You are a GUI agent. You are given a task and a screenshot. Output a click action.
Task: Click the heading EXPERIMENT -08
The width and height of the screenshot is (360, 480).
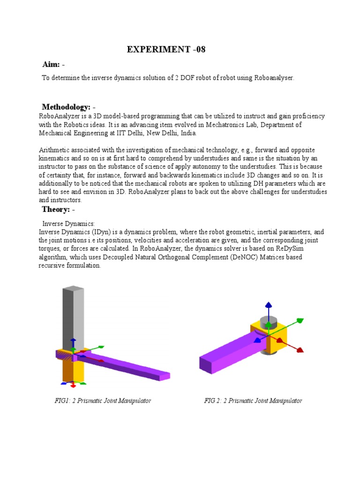tap(166, 50)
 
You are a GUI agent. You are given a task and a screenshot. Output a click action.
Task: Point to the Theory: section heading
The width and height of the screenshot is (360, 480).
tap(56, 209)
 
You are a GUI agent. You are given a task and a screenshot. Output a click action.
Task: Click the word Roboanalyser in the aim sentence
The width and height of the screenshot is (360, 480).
tap(275, 78)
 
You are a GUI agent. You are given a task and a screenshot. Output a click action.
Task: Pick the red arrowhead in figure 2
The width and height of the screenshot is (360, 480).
tap(300, 350)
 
